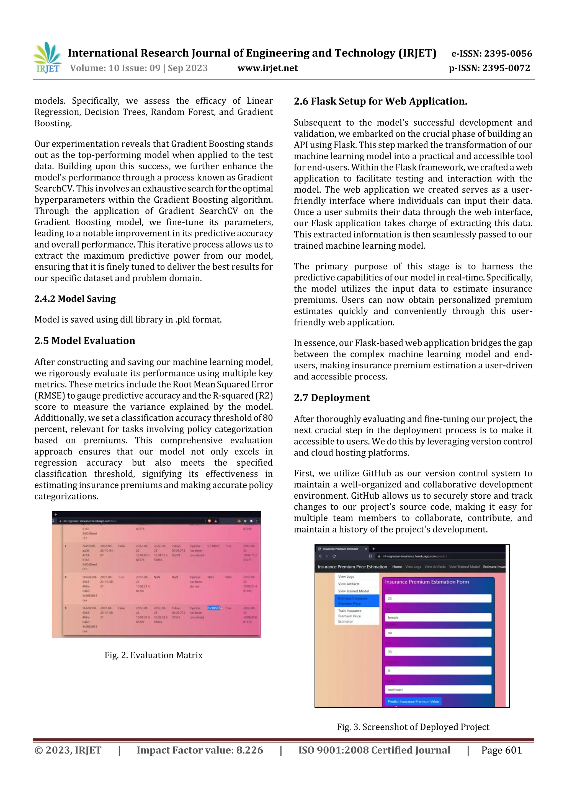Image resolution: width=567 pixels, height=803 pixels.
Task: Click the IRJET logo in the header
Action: pyautogui.click(x=47, y=58)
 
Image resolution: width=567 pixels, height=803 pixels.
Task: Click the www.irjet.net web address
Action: pyautogui.click(x=268, y=68)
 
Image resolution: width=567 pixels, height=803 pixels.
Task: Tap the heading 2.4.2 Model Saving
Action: pyautogui.click(x=75, y=299)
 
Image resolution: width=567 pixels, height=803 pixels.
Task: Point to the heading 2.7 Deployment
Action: pyautogui.click(x=332, y=398)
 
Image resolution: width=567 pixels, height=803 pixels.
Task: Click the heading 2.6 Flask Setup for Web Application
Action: pyautogui.click(x=380, y=101)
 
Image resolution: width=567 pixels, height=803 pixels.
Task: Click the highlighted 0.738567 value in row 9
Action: pyautogui.click(x=213, y=608)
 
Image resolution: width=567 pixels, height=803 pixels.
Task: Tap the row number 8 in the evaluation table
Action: pyautogui.click(x=66, y=577)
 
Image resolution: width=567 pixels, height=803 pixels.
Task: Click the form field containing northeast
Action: pyautogui.click(x=438, y=689)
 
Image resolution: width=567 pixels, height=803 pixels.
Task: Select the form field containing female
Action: pyautogui.click(x=438, y=617)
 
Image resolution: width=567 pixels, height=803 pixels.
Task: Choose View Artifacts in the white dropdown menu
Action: pyautogui.click(x=349, y=584)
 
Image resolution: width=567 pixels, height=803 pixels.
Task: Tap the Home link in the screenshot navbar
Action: pyautogui.click(x=397, y=567)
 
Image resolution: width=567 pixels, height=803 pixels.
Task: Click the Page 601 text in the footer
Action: pyautogui.click(x=501, y=750)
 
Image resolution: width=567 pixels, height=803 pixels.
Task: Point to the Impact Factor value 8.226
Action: pyautogui.click(x=200, y=750)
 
